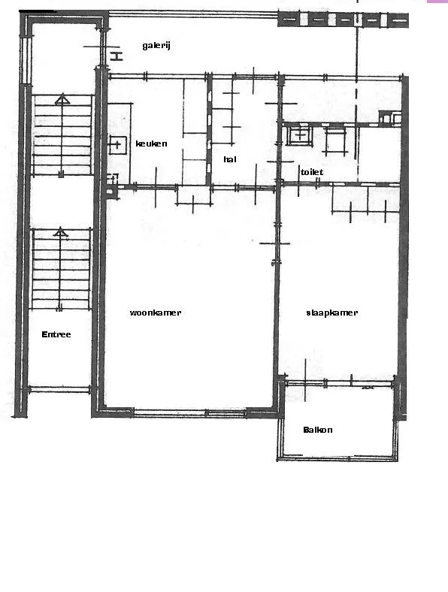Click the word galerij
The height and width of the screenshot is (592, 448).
pyautogui.click(x=156, y=46)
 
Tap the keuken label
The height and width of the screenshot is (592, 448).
pyautogui.click(x=151, y=143)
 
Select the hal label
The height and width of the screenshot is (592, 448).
pyautogui.click(x=230, y=159)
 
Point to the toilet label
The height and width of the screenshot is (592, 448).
pyautogui.click(x=312, y=172)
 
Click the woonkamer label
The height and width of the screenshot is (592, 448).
pyautogui.click(x=156, y=313)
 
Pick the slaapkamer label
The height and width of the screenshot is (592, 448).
pyautogui.click(x=331, y=313)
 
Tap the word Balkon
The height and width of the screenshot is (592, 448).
pyautogui.click(x=318, y=430)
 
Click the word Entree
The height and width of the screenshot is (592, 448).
pyautogui.click(x=56, y=334)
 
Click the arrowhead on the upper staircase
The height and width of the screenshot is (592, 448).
pyautogui.click(x=62, y=100)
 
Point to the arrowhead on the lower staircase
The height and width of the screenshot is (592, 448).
pyautogui.click(x=60, y=232)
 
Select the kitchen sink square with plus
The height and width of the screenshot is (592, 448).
pyautogui.click(x=117, y=144)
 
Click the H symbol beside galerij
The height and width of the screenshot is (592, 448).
pyautogui.click(x=117, y=56)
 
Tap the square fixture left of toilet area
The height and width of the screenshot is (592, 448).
pyautogui.click(x=300, y=135)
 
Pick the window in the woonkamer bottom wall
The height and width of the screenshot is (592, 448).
pyautogui.click(x=190, y=413)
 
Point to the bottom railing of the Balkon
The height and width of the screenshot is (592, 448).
pyautogui.click(x=338, y=458)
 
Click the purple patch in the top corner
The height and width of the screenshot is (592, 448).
pyautogui.click(x=437, y=2)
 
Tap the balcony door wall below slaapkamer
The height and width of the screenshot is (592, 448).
pyautogui.click(x=339, y=384)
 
